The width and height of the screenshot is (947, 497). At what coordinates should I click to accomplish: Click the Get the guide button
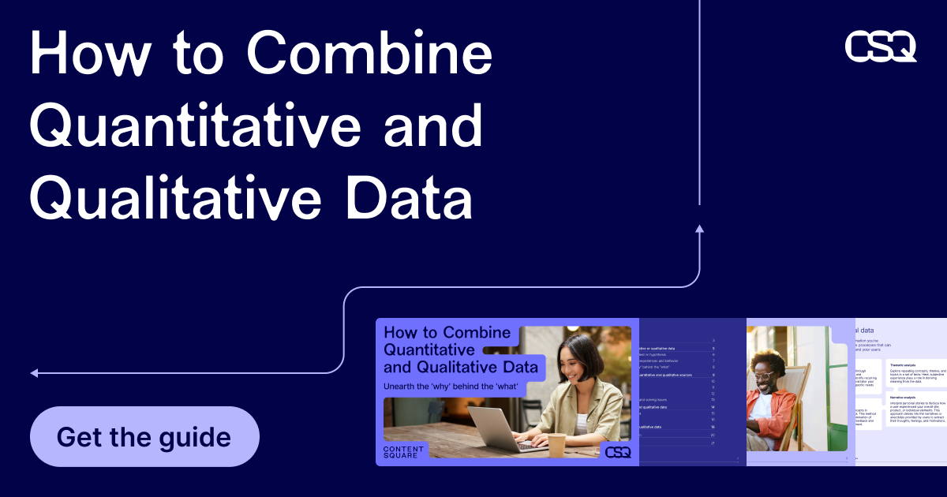pyautogui.click(x=144, y=437)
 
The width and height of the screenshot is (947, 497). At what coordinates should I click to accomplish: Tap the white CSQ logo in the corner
pyautogui.click(x=881, y=47)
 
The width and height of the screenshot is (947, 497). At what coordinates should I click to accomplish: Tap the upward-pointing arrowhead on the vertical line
pyautogui.click(x=699, y=230)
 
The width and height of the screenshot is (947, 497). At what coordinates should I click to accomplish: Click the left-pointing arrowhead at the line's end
pyautogui.click(x=35, y=372)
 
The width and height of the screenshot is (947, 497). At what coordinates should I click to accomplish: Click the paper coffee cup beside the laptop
pyautogui.click(x=557, y=444)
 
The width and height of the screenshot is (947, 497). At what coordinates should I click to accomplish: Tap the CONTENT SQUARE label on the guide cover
pyautogui.click(x=403, y=452)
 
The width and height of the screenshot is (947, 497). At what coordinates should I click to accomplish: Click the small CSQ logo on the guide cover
pyautogui.click(x=617, y=452)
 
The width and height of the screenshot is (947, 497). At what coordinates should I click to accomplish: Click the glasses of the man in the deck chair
pyautogui.click(x=764, y=377)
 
